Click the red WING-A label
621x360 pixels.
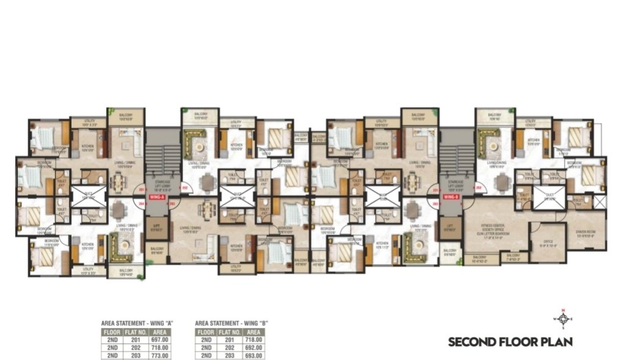point(156,197)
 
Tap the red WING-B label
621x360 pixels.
point(450,197)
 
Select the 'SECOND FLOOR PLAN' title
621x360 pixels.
point(510,341)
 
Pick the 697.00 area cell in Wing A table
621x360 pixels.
point(160,339)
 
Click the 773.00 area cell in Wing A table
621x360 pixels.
point(160,356)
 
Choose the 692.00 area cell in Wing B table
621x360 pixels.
point(253,347)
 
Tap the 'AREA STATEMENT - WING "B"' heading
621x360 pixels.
point(232,322)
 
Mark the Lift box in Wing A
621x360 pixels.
point(156,228)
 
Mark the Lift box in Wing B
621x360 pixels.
point(450,228)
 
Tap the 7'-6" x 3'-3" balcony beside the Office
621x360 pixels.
point(513,257)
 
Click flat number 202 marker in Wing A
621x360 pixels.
point(185,187)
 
